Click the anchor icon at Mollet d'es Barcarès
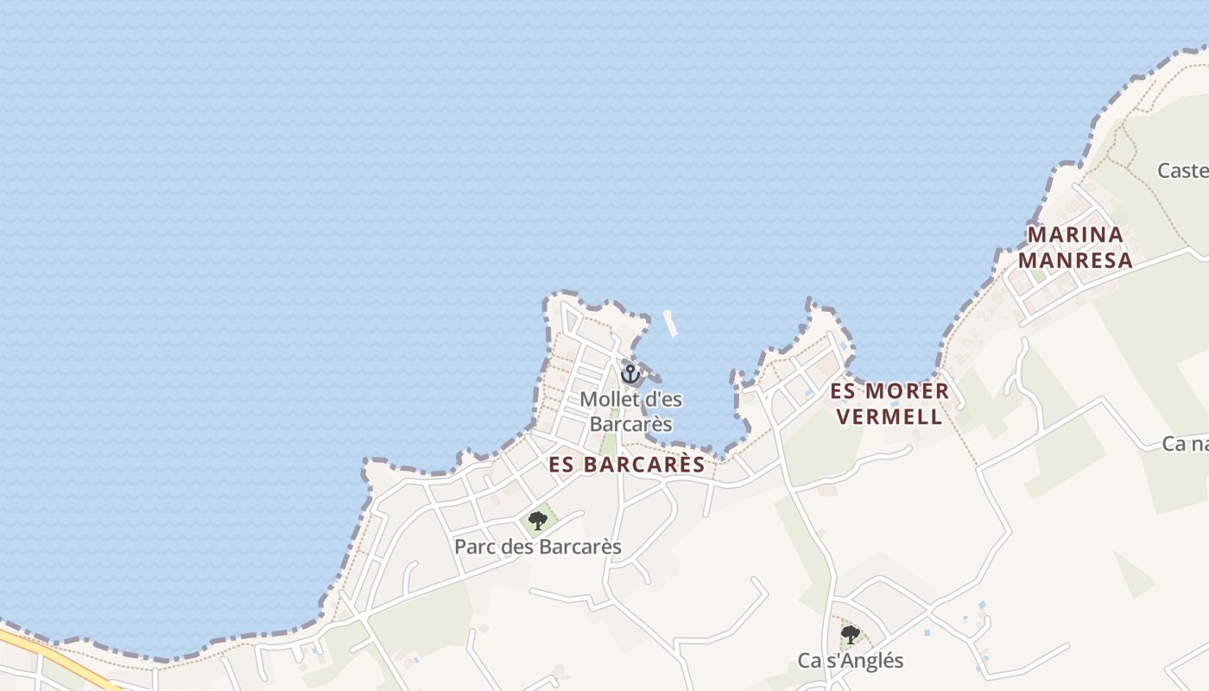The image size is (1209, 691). pos(630,374)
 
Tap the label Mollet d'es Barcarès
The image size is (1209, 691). pos(630,411)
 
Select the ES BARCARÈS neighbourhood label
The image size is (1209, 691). pos(627,465)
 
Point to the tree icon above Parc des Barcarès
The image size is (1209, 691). pos(538,521)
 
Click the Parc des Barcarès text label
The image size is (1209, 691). pos(538,548)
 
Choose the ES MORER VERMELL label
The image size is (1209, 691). pos(889,403)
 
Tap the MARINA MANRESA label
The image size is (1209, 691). pos(1075,247)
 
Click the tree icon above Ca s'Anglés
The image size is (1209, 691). pos(851,635)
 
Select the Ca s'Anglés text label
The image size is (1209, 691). pos(850,661)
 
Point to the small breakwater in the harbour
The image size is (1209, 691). pos(669,322)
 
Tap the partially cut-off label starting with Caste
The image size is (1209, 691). pos(1182,170)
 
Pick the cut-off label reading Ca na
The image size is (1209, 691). pos(1185,444)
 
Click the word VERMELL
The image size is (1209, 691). pos(889,416)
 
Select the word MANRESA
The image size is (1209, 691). pos(1075,260)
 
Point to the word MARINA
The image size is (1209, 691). pos(1075,234)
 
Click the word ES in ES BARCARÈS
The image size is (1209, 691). pos(562,465)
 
